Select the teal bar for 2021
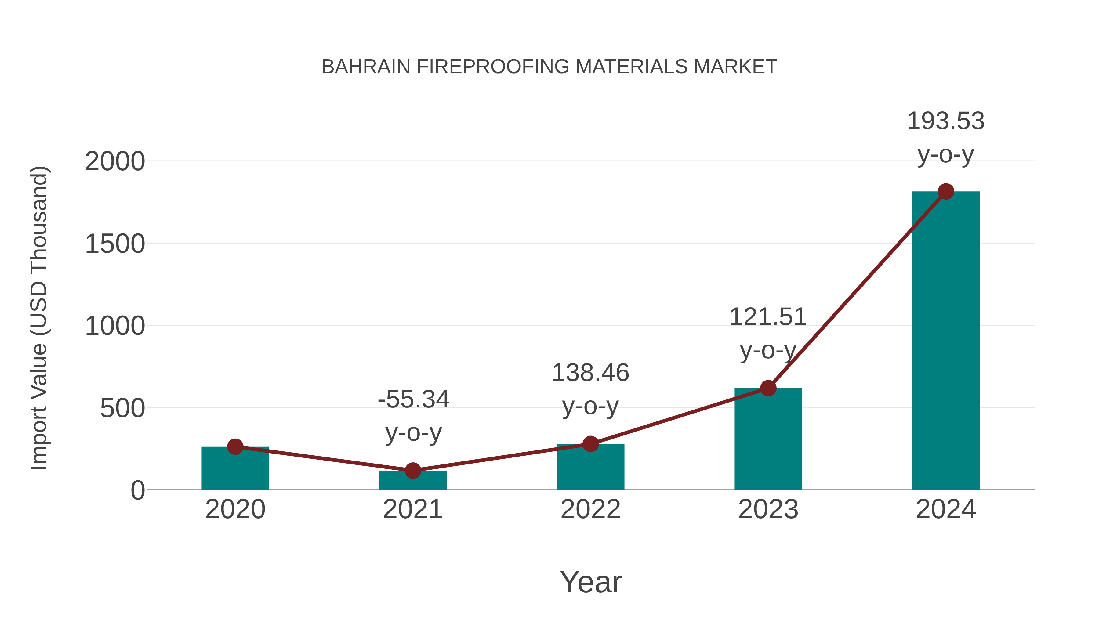(412, 481)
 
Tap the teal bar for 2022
(590, 468)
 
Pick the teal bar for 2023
(768, 439)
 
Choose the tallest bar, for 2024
(946, 341)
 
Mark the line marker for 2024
(946, 191)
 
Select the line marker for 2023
(768, 388)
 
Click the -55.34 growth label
(413, 399)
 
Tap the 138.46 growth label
(590, 373)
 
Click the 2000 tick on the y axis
(115, 162)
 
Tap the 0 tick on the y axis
(138, 490)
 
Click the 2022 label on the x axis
(590, 509)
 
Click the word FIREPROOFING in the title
(493, 67)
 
